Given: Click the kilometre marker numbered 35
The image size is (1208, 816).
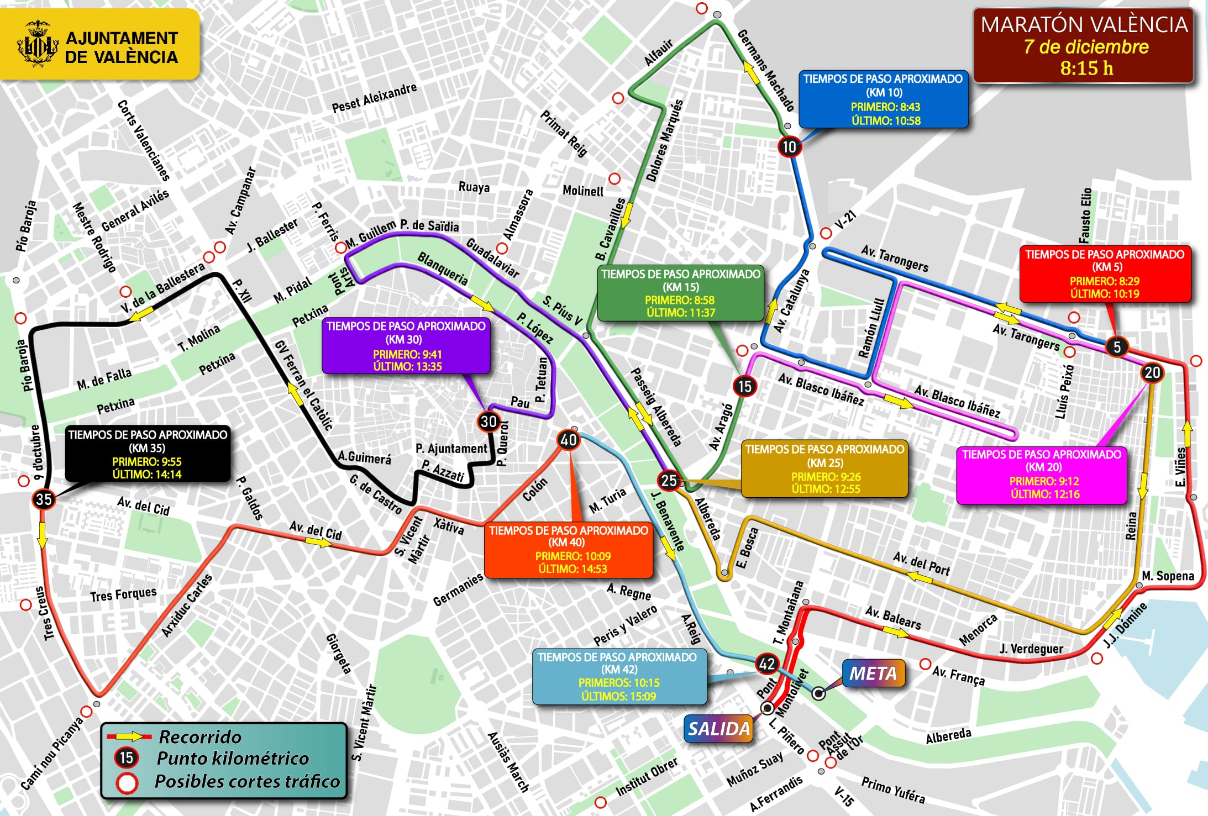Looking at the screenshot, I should [44, 499].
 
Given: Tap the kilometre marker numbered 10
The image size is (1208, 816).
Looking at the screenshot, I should [789, 147].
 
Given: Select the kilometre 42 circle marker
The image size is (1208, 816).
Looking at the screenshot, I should [767, 664].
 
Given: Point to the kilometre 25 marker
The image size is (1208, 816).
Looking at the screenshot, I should [669, 481].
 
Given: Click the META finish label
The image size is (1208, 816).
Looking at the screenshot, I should [873, 673].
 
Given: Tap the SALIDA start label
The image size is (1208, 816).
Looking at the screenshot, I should [719, 729].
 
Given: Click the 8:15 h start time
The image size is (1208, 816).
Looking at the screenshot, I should [1086, 68].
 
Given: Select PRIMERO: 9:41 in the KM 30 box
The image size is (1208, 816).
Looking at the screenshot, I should [407, 354].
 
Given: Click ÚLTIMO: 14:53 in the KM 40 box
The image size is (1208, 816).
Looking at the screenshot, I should [573, 568].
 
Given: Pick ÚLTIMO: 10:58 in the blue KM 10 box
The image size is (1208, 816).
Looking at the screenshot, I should [885, 120].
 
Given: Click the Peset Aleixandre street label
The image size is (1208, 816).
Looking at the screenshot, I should [374, 98].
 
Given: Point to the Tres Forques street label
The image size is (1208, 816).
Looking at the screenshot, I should [123, 594].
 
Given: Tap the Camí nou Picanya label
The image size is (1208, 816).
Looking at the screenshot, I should [52, 753].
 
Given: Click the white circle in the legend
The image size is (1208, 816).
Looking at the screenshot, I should [127, 782].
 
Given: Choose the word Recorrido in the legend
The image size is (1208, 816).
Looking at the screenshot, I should [200, 736].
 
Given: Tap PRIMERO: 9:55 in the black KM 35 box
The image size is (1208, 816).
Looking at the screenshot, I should [146, 461].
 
